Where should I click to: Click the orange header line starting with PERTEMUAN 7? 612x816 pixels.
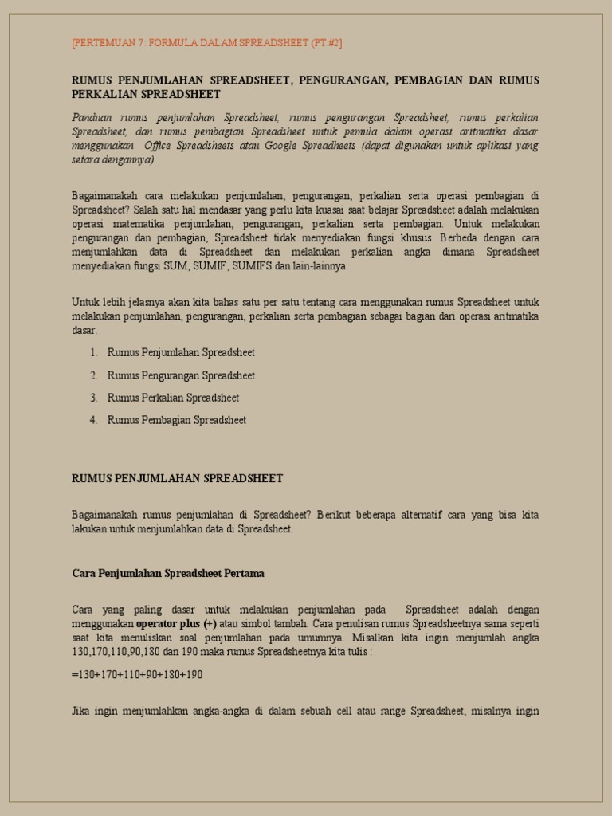pos(207,43)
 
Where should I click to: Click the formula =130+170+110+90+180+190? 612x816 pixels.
pos(137,674)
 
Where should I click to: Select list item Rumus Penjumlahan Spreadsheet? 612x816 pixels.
pos(181,352)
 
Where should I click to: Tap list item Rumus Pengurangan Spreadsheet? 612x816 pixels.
pos(181,375)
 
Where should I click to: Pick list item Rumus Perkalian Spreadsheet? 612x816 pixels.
pos(173,398)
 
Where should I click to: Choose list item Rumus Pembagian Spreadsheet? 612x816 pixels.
pos(177,420)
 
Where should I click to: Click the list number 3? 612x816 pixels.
pos(93,398)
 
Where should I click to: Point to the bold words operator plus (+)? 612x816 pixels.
pos(176,623)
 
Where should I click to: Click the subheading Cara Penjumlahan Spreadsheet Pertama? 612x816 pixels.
pos(168,573)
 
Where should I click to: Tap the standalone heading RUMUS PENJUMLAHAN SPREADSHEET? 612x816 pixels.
pos(178,478)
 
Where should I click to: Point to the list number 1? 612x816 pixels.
pos(93,352)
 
